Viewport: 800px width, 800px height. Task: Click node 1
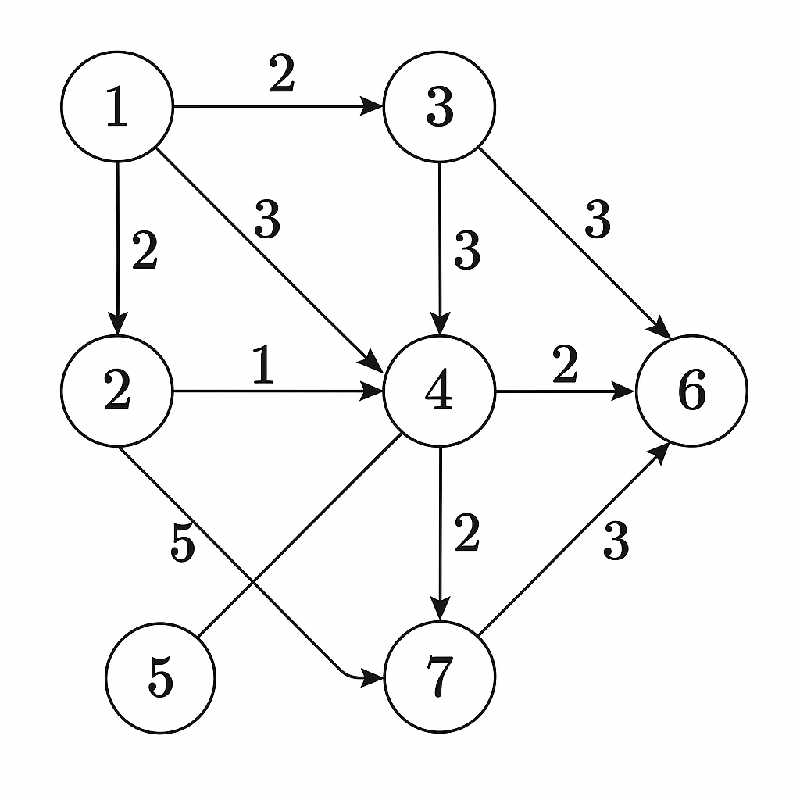coord(117,107)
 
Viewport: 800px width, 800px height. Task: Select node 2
coord(117,391)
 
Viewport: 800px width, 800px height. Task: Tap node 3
coord(440,107)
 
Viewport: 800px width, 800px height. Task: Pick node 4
coord(440,391)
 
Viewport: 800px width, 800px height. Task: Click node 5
coord(160,677)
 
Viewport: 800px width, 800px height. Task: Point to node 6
coord(692,391)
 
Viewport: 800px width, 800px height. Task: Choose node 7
coord(440,677)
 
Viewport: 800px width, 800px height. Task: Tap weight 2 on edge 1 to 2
coord(145,252)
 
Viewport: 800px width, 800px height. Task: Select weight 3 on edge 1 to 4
coord(267,221)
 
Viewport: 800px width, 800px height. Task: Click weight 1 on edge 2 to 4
coord(264,366)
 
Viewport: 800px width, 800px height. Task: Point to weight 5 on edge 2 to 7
coord(182,545)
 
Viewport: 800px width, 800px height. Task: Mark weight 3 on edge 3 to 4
coord(466,252)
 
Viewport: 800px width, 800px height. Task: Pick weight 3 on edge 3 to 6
coord(598,221)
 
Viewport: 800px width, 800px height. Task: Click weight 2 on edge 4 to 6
coord(565,366)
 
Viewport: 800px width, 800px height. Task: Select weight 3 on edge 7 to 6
coord(616,541)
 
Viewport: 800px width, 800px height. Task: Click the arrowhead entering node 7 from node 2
coord(373,677)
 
